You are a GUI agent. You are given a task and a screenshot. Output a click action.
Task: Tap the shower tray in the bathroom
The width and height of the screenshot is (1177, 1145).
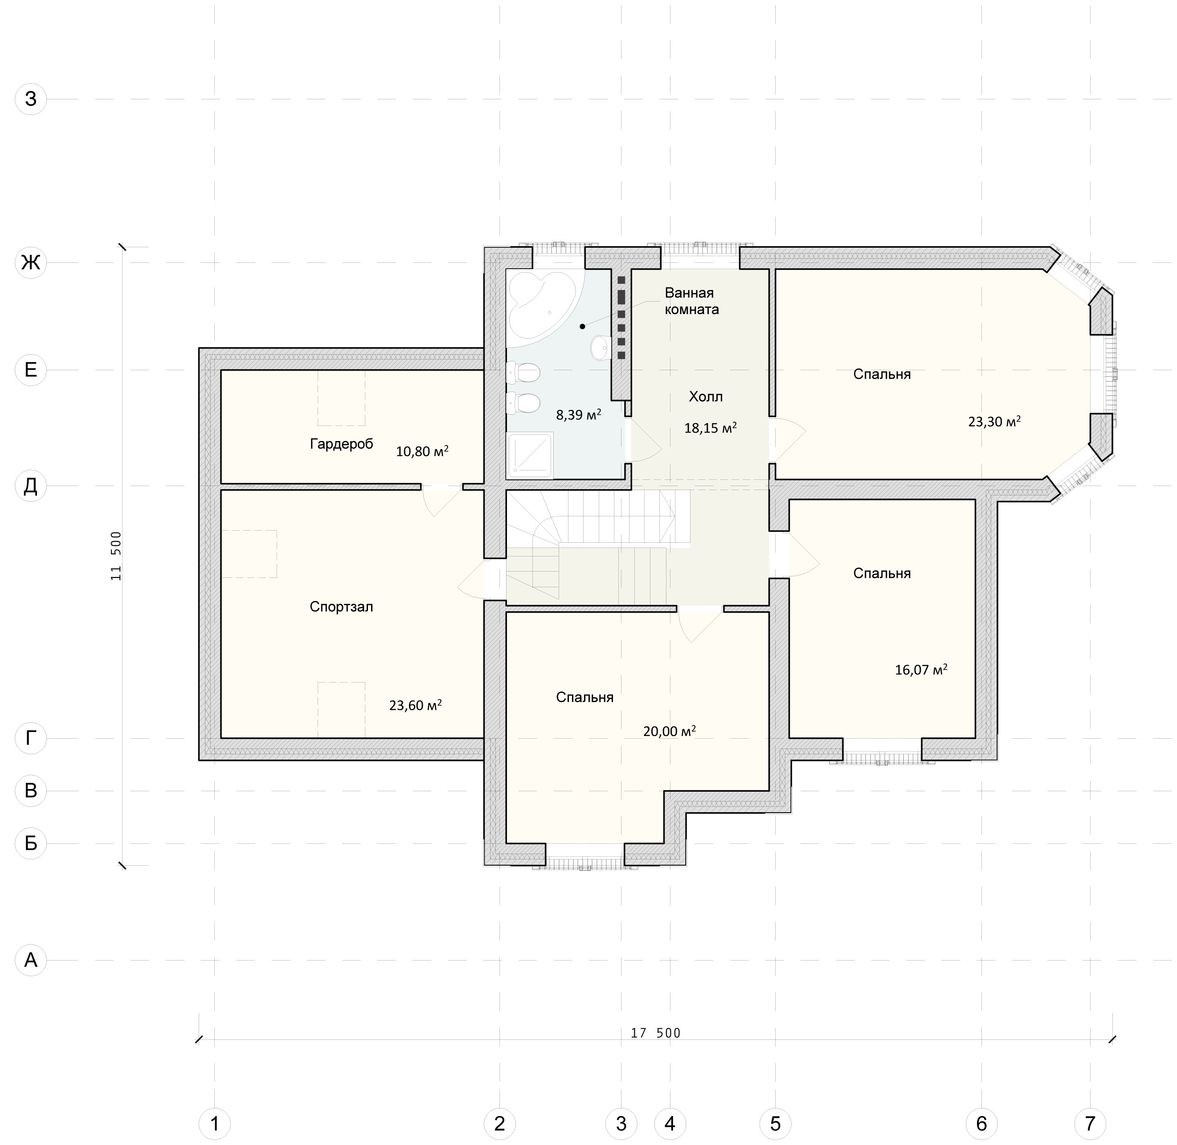tap(530, 456)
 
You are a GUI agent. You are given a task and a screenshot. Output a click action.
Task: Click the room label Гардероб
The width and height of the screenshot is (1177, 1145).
tap(342, 444)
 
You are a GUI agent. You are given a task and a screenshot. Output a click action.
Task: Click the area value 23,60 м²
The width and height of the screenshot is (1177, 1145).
tap(416, 705)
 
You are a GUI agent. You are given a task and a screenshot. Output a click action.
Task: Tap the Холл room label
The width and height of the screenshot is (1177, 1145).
tap(706, 397)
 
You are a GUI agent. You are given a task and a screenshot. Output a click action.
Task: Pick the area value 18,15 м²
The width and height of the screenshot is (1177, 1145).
tap(710, 428)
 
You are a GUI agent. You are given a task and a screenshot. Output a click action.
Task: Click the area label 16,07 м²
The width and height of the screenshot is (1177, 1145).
tap(921, 669)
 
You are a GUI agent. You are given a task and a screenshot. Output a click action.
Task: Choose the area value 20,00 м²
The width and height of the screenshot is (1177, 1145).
tap(670, 731)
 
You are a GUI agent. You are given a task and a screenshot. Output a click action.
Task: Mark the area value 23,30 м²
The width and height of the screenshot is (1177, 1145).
tap(994, 421)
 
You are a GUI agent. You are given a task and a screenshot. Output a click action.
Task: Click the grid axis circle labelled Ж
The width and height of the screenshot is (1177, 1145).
tap(31, 262)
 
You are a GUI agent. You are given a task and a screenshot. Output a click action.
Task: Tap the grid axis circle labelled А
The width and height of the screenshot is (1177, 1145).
tap(31, 961)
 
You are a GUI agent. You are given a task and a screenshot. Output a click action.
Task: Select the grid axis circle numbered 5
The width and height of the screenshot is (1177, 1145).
tap(775, 1123)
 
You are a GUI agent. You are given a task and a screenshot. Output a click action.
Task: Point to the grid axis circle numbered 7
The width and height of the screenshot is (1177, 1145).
tap(1090, 1123)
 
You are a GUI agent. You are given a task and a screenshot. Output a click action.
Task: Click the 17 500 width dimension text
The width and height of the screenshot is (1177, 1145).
tap(656, 1033)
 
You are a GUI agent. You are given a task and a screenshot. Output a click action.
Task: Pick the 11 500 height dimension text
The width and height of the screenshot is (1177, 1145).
tap(116, 556)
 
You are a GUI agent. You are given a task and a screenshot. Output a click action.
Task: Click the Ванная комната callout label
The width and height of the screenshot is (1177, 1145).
tap(692, 301)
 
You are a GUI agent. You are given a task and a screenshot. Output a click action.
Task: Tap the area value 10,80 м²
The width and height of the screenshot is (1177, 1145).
tap(422, 451)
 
